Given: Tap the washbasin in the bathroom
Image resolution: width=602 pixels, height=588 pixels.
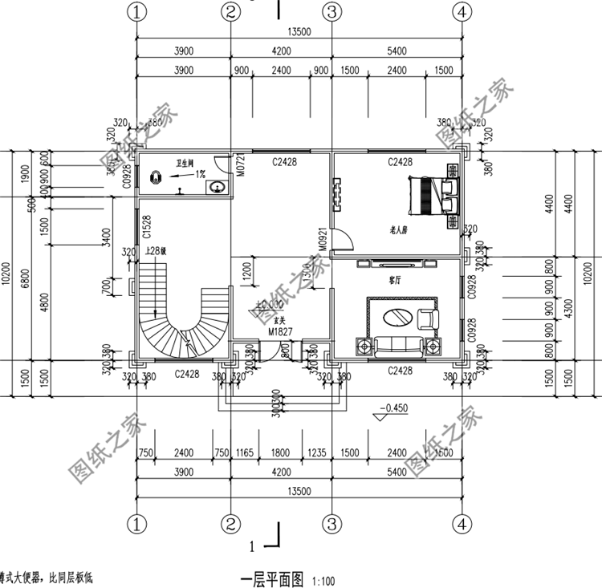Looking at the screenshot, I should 216,187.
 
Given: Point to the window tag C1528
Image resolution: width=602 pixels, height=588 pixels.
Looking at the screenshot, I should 147,227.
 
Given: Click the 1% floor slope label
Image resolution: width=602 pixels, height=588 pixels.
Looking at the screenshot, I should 199,173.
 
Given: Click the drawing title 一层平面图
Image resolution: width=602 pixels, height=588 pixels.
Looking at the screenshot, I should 274,578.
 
